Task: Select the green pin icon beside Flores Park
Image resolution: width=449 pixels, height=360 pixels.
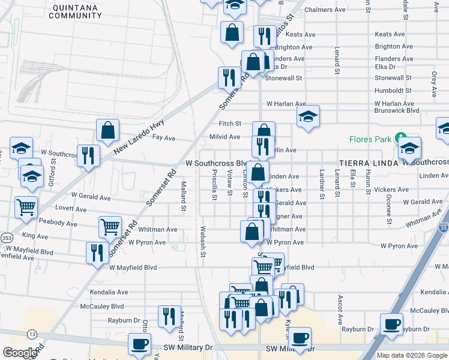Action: (400, 139)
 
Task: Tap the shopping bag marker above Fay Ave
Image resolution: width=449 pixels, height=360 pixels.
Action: (108, 130)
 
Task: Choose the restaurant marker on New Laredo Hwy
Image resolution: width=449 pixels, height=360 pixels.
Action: (88, 155)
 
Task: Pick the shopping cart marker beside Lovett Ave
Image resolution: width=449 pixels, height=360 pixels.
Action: (26, 207)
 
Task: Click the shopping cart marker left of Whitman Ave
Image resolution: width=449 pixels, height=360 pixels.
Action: (110, 227)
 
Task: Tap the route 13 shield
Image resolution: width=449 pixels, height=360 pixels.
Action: (32, 334)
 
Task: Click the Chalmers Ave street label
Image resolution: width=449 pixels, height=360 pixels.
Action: (325, 10)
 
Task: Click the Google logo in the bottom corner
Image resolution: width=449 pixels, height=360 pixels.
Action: (20, 353)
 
